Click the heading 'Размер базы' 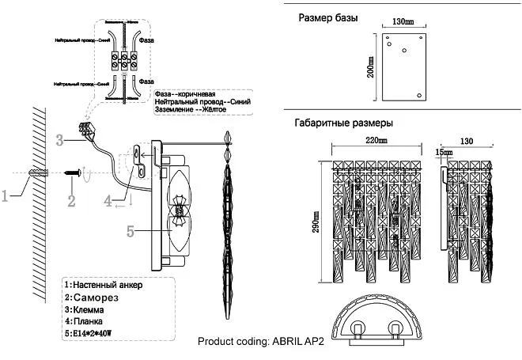point(327,17)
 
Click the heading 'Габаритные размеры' point(343,123)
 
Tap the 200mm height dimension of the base point(370,66)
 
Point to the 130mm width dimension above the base point(403,21)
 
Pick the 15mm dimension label point(444,151)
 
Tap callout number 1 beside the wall point(6,195)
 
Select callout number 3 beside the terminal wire point(59,141)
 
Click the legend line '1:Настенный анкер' point(103,284)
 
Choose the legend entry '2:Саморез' point(94,297)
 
